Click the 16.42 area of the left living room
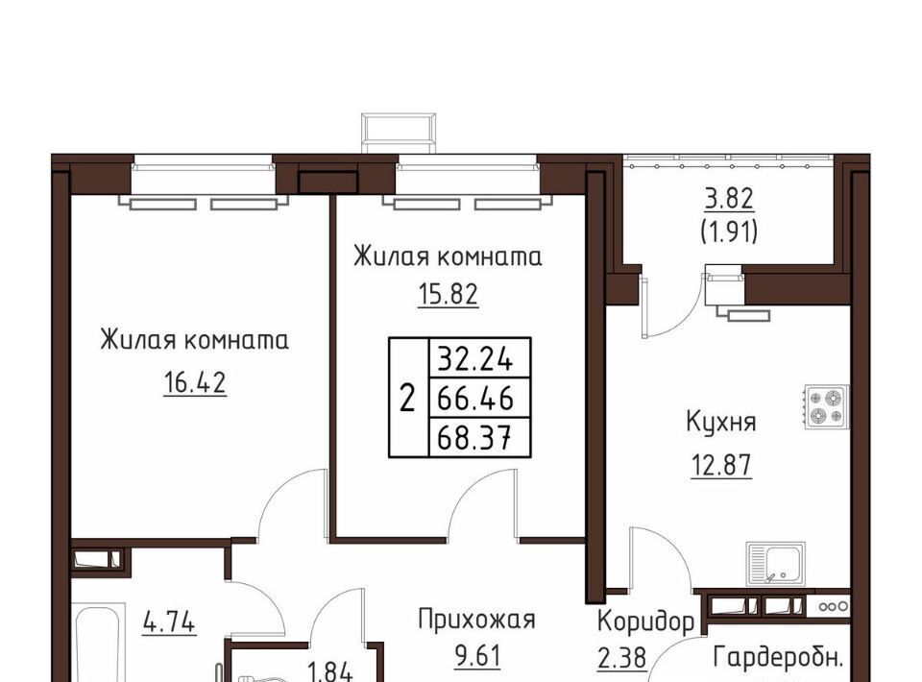tap(195, 382)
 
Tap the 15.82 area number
tap(449, 294)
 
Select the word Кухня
tap(721, 422)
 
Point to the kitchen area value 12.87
tap(721, 465)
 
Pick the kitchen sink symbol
tap(776, 564)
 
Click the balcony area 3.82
tap(729, 199)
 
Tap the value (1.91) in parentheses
tap(729, 233)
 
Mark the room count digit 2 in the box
tap(407, 399)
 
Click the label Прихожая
tap(477, 620)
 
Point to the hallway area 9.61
tap(477, 656)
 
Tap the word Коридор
tap(645, 622)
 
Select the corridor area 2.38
tap(622, 658)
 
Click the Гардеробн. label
tap(777, 657)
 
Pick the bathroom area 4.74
tap(169, 622)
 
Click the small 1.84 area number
tap(329, 672)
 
